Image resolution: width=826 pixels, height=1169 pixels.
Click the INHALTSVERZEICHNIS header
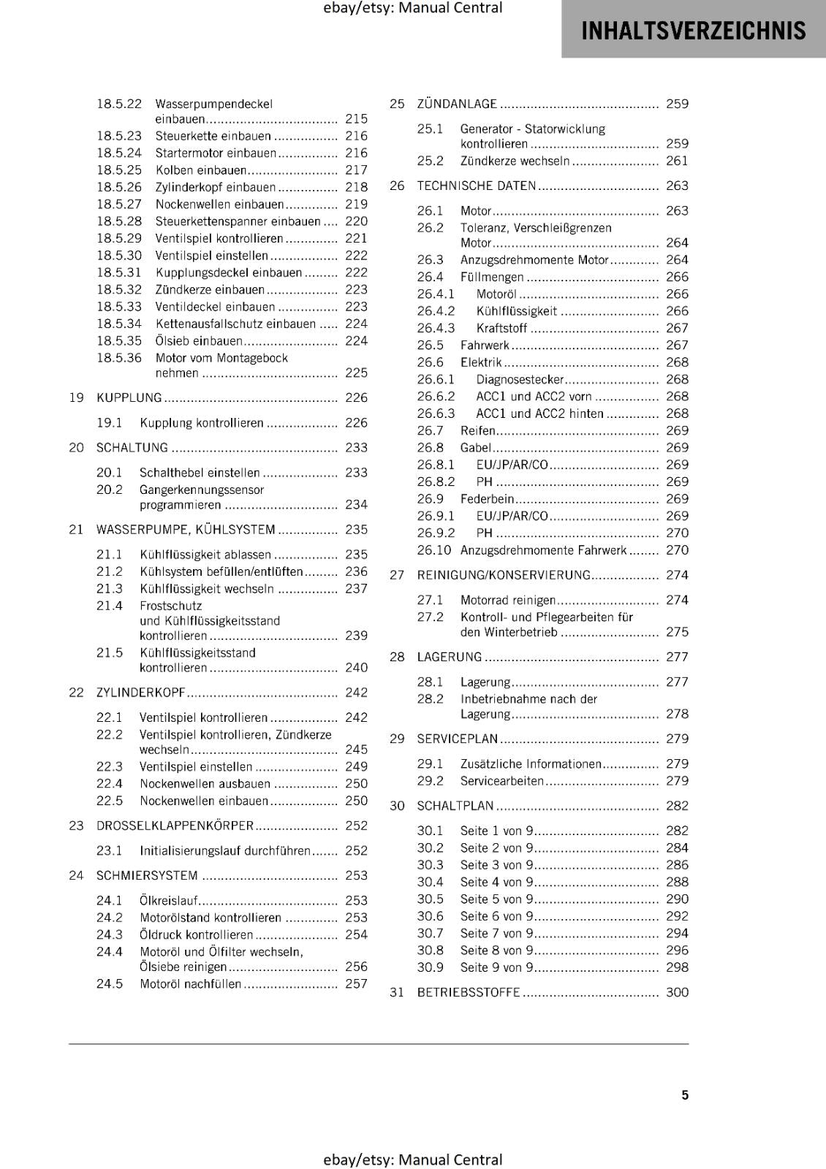pos(693,31)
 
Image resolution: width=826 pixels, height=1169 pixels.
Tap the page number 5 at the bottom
pos(685,1094)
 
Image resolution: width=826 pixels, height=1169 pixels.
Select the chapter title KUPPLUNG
pos(129,397)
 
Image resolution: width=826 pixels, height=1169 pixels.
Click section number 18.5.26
pos(119,187)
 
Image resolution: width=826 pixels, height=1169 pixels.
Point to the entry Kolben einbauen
pos(201,170)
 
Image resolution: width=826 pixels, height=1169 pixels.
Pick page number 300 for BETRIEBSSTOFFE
pos(677,992)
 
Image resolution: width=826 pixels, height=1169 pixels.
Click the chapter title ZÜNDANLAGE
pos(457,104)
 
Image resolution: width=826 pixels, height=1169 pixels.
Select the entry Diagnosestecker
pos(520,379)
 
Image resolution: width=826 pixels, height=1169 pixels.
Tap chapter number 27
pos(397,575)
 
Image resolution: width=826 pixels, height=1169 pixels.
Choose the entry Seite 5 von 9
pos(496,899)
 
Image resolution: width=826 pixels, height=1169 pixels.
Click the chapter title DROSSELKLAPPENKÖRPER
pos(175,826)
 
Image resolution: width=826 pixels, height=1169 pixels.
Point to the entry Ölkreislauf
pos(169,900)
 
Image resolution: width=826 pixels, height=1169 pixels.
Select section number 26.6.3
pos(436,414)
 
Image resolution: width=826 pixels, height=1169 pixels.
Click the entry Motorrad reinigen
pos(507,600)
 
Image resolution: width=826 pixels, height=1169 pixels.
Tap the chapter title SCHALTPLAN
pos(455,806)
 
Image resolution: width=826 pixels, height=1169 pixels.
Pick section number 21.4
pos(110,606)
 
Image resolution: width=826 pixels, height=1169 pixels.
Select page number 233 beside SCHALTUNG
pos(356,448)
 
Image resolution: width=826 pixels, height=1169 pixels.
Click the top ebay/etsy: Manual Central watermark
pos(412,8)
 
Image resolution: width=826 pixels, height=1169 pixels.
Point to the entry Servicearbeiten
pos(502,781)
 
